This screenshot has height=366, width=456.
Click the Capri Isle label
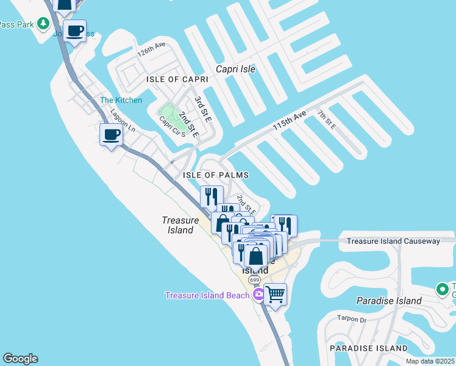235,69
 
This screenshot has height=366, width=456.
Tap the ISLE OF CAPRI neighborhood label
173,80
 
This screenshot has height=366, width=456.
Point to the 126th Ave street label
152,49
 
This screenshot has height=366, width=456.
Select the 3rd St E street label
202,109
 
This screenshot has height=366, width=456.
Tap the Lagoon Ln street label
123,120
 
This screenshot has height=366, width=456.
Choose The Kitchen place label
121,100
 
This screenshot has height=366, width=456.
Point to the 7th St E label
326,120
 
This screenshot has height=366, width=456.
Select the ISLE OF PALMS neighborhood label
216,175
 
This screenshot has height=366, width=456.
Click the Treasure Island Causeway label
393,242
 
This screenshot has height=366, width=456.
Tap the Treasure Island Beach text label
207,296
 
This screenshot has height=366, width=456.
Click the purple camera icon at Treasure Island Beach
258,295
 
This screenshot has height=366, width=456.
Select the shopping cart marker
276,295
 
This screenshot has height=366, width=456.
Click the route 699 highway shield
254,279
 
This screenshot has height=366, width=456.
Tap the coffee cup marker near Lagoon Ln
111,135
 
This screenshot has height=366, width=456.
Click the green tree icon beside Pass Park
43,24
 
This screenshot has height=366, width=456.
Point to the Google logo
20,359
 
